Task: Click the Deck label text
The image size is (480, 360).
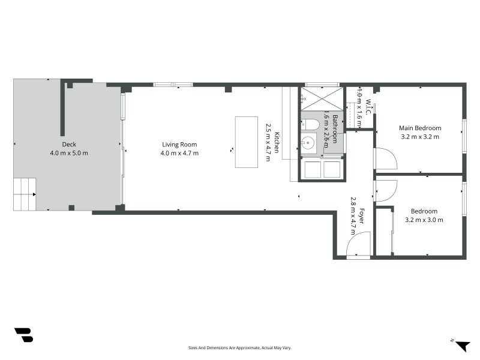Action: coord(69,145)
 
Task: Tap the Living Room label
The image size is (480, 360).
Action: coord(179,145)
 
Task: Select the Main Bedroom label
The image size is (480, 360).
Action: coord(420,128)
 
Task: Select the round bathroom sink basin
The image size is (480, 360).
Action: coord(308,143)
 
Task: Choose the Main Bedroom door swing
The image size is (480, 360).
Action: coord(385,159)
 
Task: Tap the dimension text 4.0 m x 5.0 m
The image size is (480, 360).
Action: coord(69,153)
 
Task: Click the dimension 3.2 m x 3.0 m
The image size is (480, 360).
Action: coord(424,220)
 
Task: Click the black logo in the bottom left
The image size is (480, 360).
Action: coord(23,335)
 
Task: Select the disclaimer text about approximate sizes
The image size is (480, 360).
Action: coord(240,347)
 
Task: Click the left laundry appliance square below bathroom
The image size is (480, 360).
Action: coord(313,169)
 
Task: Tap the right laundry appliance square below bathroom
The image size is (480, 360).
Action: coord(332,169)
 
